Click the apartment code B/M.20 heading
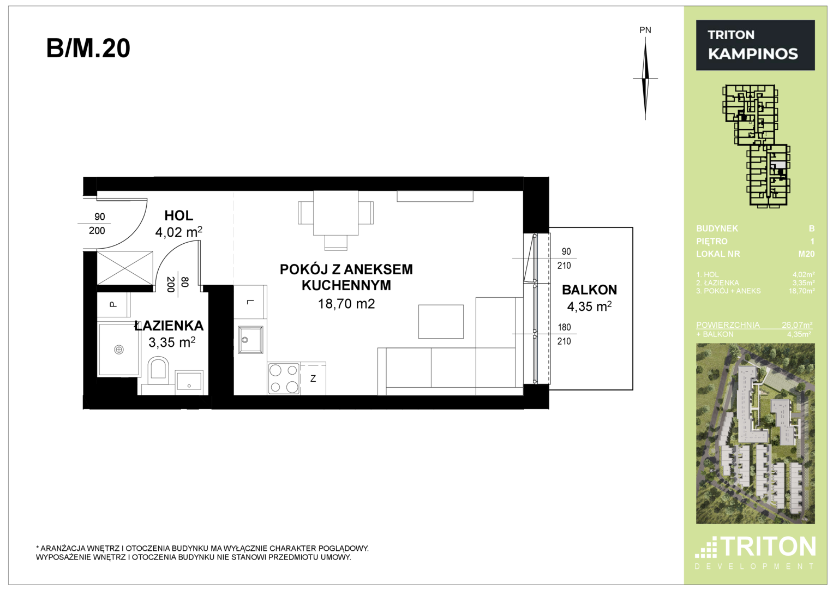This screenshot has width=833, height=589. (88, 49)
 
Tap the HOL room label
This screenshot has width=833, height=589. (179, 215)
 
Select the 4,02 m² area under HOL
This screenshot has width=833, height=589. (179, 232)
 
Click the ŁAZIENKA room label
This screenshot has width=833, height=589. (169, 326)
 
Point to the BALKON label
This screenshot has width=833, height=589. (589, 290)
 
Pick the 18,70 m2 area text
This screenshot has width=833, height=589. (346, 304)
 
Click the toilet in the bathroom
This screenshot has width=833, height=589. (158, 370)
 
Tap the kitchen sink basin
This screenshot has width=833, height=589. (250, 340)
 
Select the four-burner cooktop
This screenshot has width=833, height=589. (284, 378)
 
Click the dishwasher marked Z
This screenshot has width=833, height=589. (313, 378)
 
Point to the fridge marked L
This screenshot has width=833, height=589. (250, 302)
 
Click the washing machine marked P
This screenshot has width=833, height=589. (113, 304)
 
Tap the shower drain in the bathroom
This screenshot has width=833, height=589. (119, 350)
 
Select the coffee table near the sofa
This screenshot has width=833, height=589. (441, 322)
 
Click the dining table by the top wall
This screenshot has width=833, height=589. (336, 213)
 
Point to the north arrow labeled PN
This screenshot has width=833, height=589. (645, 79)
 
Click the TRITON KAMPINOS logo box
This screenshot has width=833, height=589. (756, 45)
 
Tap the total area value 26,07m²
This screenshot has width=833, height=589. (797, 324)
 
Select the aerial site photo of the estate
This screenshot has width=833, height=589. (756, 434)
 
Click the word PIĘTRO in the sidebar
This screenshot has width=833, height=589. (712, 241)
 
